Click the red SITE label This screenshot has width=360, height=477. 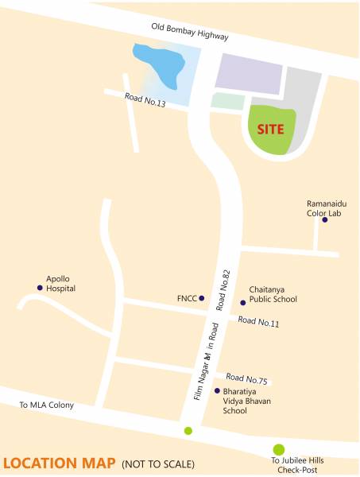tap(271, 127)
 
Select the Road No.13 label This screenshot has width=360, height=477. tap(145, 101)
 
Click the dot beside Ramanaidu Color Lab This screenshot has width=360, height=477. tap(324, 219)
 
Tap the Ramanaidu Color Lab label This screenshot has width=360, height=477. tap(326, 207)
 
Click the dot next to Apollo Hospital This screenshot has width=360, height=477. tap(40, 288)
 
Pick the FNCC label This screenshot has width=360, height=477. tap(186, 299)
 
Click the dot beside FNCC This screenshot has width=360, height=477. tap(202, 298)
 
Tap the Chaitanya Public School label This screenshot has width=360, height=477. tap(273, 294)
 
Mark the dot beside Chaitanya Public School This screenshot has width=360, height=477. tap(243, 302)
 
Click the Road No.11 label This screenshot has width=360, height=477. tap(258, 322)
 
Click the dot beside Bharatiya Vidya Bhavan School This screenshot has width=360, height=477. tap(217, 390)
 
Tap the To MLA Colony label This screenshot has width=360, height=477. tap(47, 405)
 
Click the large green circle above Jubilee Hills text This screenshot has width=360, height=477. tap(279, 449)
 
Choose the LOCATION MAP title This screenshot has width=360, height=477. tap(59, 463)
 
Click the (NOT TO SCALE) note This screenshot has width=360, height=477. tap(157, 464)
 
